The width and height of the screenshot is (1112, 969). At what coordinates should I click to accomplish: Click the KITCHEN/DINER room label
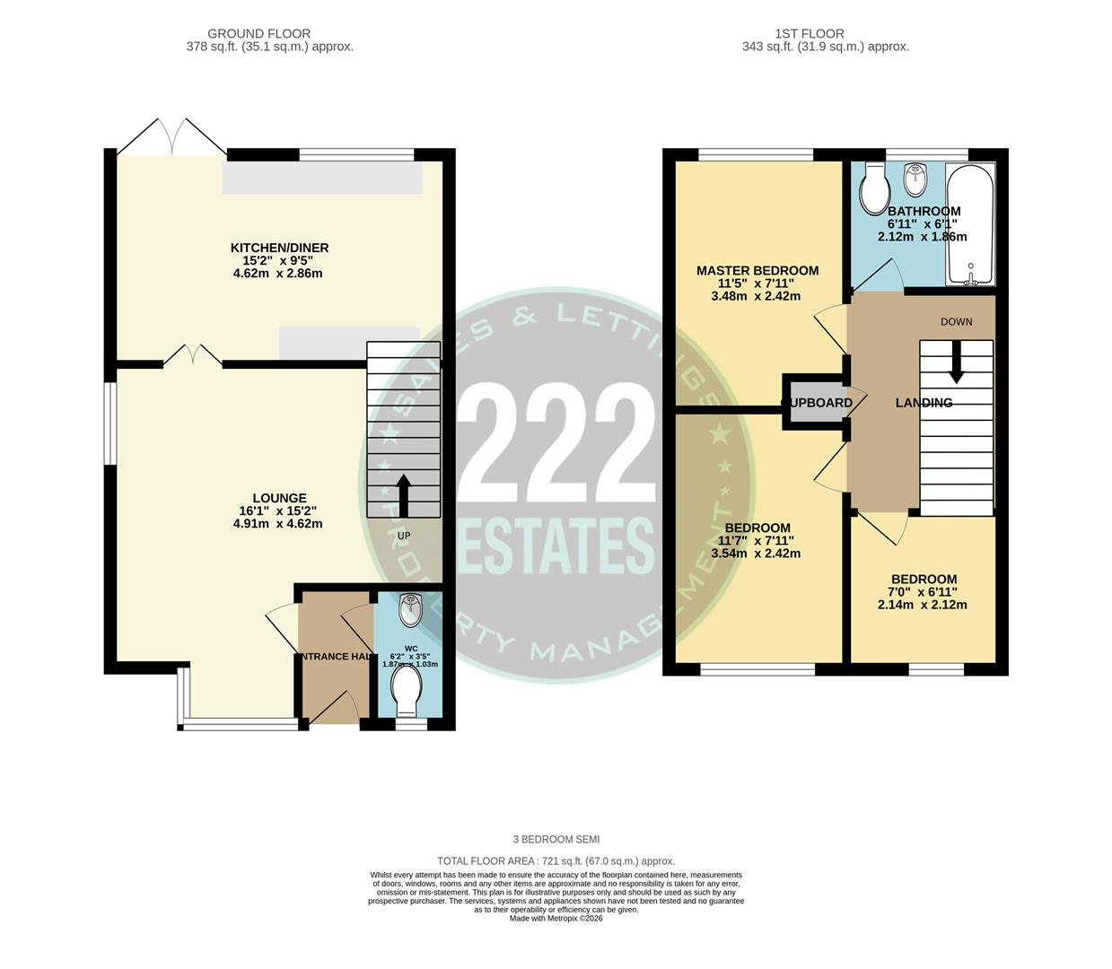pos(279,248)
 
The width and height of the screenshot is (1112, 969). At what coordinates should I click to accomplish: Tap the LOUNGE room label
pos(279,498)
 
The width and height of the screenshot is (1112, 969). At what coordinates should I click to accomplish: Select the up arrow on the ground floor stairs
pos(404,494)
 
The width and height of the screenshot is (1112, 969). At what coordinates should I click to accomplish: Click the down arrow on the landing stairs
pos(957,361)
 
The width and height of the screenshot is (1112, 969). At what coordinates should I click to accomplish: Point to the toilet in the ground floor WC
pos(407,691)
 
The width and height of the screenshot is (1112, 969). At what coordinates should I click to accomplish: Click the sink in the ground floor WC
pos(410,610)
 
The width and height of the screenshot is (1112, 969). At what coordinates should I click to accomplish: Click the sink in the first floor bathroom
pos(915,178)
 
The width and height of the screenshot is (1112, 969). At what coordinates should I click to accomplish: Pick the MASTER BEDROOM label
pos(757,270)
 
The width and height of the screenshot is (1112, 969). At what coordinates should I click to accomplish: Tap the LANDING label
pos(924,403)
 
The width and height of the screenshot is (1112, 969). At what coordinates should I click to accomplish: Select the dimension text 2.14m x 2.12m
pos(923,605)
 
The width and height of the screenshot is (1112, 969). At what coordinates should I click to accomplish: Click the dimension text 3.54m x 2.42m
pos(756,554)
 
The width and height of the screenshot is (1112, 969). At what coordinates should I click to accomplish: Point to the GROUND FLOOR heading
pos(269,33)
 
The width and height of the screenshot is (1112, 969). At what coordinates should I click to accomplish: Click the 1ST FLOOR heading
pos(825,33)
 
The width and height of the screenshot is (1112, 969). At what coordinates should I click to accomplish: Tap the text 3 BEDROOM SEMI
pos(556,840)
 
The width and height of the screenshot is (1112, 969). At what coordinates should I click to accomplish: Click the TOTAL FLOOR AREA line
pos(556,860)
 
